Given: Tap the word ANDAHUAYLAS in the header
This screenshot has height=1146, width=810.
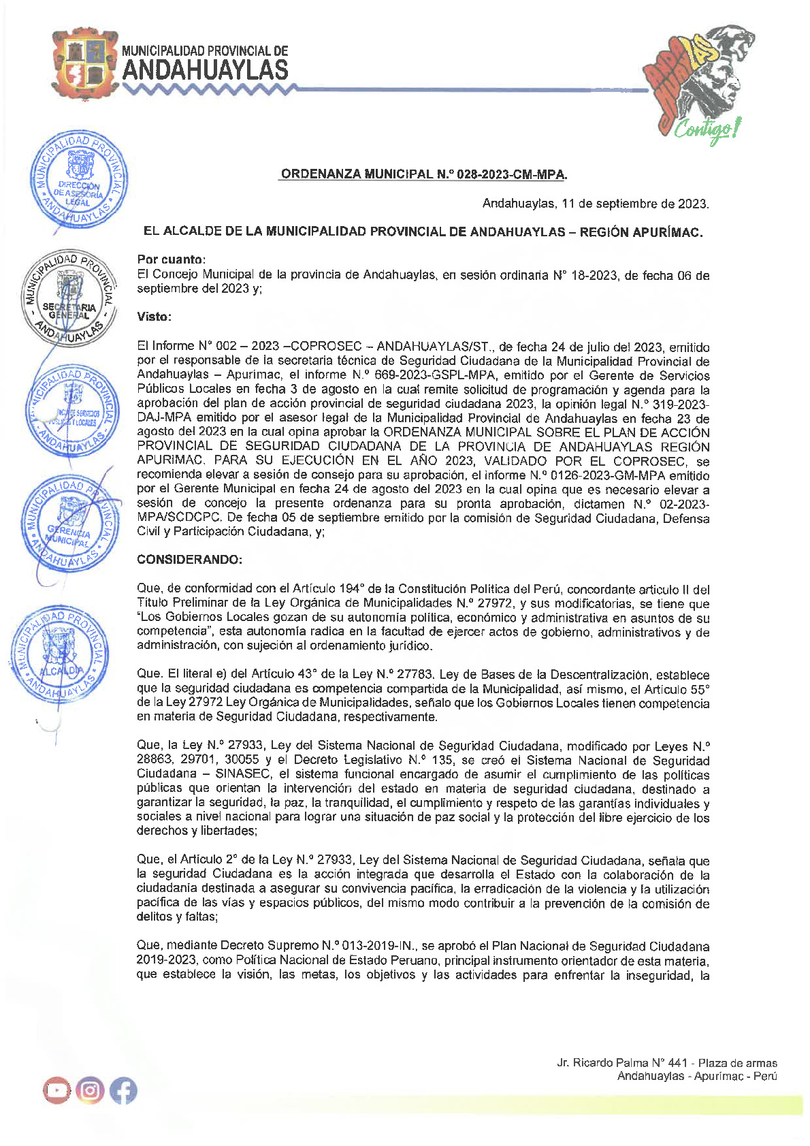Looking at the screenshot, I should tap(205, 71).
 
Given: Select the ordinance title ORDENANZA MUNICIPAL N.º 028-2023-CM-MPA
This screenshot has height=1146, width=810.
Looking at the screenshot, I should tap(423, 174).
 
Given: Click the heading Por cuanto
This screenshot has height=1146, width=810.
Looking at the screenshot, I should tap(171, 259).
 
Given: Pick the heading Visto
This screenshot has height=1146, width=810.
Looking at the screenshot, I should tap(154, 317).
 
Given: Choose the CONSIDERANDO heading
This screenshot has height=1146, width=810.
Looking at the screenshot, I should tap(189, 560).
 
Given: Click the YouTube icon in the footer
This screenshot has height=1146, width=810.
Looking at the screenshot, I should tap(56, 1091).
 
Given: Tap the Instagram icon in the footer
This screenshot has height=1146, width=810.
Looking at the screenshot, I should tap(90, 1091).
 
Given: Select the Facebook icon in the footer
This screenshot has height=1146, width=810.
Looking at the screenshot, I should tap(123, 1091).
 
